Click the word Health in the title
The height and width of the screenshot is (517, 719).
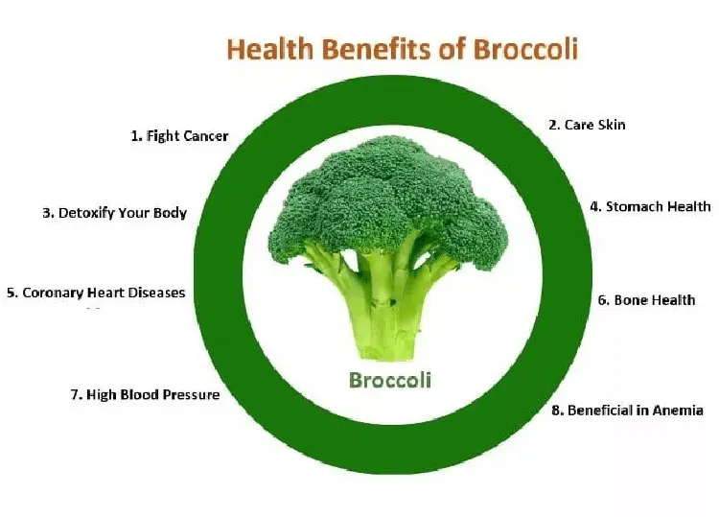pos(270,49)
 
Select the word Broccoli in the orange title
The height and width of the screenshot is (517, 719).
pos(525,49)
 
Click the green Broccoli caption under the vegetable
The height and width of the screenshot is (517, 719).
pos(390,380)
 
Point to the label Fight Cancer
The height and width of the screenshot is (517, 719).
pos(180,136)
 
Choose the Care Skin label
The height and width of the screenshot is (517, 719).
pos(587,125)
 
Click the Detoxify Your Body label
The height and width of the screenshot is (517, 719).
pos(115,213)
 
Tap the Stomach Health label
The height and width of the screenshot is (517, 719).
pos(650,206)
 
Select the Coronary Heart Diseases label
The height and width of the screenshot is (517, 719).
pos(96,293)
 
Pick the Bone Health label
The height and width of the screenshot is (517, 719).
pos(646,300)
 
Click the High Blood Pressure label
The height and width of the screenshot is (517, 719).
pos(146,394)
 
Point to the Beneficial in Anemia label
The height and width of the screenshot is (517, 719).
pos(627,411)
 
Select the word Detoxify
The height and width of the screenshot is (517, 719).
pos(86,213)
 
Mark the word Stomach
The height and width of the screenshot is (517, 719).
pos(635,206)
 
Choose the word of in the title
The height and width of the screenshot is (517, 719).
pos(452,49)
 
